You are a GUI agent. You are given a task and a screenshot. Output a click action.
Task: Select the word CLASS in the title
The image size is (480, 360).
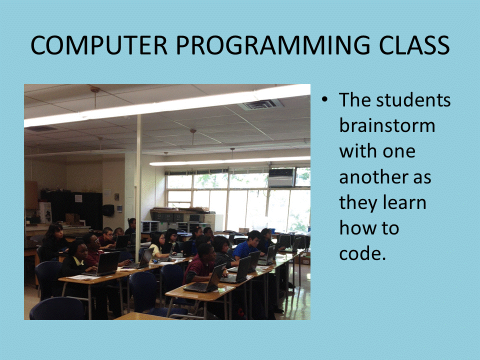pyautogui.click(x=414, y=45)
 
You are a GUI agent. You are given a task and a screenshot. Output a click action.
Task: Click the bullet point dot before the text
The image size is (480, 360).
pyautogui.click(x=324, y=99)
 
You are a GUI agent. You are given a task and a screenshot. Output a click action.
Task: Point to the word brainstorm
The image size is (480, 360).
pyautogui.click(x=387, y=125)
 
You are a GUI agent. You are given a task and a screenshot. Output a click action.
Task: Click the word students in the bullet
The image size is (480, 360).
pyautogui.click(x=413, y=100)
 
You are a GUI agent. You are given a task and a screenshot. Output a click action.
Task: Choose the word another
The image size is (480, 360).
pyautogui.click(x=374, y=177)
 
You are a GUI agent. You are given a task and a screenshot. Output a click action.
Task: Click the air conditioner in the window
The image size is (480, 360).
pyautogui.click(x=281, y=177)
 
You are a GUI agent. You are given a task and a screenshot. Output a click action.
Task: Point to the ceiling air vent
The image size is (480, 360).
pyautogui.click(x=260, y=104)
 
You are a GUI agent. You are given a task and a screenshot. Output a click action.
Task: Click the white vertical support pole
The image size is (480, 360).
pyautogui.click(x=138, y=171)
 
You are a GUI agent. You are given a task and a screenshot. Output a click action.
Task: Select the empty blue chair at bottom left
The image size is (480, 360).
pyautogui.click(x=57, y=309)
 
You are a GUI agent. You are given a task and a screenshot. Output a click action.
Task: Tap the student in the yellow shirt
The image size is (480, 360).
pyautogui.click(x=157, y=244)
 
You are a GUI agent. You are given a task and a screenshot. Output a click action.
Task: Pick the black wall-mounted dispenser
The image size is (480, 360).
pyautogui.click(x=108, y=210)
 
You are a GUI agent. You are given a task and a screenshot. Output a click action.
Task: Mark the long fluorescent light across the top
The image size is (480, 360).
pyautogui.click(x=167, y=105)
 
